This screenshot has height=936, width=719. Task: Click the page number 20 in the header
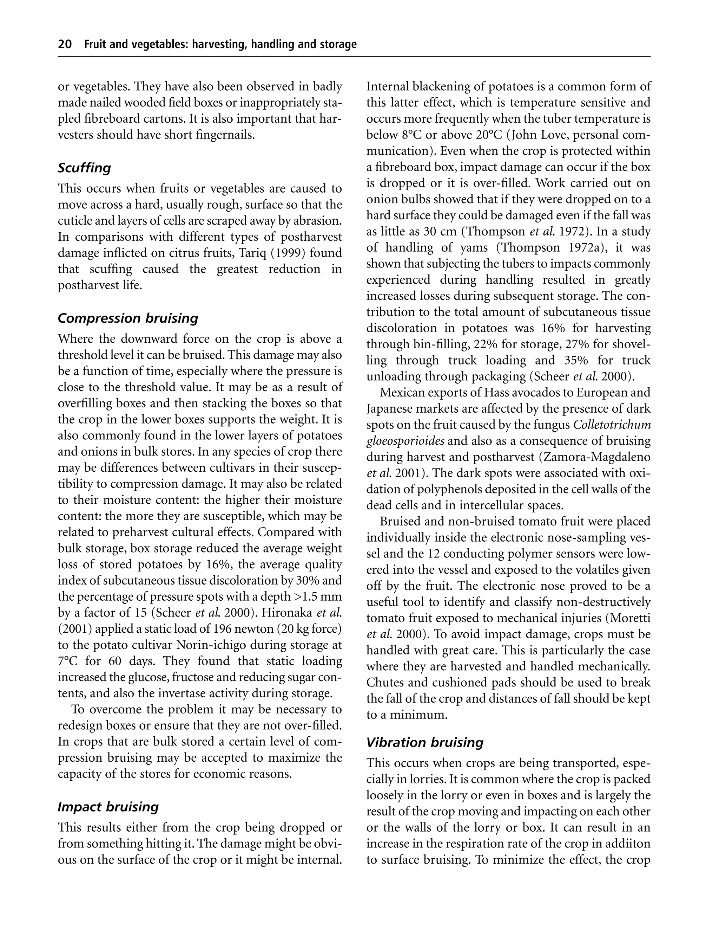pyautogui.click(x=65, y=45)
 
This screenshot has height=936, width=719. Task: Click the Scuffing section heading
pyautogui.click(x=84, y=168)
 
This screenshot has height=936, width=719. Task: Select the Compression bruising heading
pyautogui.click(x=128, y=318)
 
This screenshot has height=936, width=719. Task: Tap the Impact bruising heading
pyautogui.click(x=108, y=807)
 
